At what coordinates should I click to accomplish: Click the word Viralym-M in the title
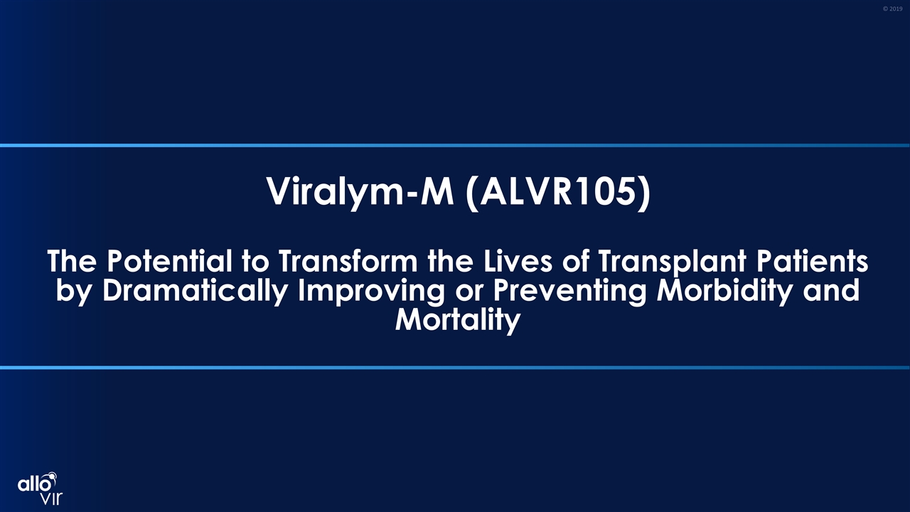360,192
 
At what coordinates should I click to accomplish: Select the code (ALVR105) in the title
558,192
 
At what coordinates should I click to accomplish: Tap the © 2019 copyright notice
892,9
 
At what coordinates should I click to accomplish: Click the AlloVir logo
40,488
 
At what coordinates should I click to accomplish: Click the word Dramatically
195,292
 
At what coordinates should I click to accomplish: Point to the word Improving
371,292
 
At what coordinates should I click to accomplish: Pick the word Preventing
569,292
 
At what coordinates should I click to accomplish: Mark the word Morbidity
724,292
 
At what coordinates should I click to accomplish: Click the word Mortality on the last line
457,321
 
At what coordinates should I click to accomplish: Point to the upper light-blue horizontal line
455,146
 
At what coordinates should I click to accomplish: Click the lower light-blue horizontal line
455,368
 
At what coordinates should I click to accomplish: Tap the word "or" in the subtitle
469,294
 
